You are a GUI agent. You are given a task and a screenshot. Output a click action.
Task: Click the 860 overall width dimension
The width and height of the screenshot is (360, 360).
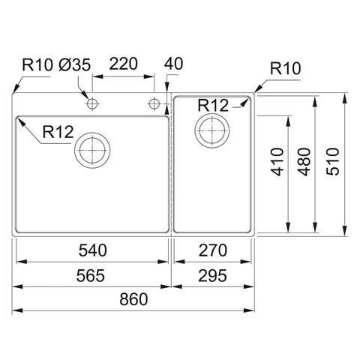(x=133, y=299)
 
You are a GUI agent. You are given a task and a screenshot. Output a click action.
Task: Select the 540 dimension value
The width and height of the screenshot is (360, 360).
(x=93, y=250)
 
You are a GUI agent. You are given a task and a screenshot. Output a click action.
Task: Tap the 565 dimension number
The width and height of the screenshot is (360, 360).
(x=91, y=275)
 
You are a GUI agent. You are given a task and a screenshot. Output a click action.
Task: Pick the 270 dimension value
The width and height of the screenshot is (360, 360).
(x=213, y=250)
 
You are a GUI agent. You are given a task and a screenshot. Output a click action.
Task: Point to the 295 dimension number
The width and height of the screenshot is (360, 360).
(x=212, y=275)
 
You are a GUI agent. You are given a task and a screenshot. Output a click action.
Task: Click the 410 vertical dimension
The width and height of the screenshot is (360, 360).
(x=277, y=162)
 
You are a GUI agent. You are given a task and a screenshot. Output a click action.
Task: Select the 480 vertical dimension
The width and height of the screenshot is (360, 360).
(x=304, y=162)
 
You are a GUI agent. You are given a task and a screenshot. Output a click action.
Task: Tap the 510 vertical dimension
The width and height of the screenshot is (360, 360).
(x=333, y=161)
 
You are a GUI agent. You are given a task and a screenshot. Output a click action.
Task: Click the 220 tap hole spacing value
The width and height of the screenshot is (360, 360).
(x=124, y=64)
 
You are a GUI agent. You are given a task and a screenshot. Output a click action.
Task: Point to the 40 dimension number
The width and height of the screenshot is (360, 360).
(x=173, y=64)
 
